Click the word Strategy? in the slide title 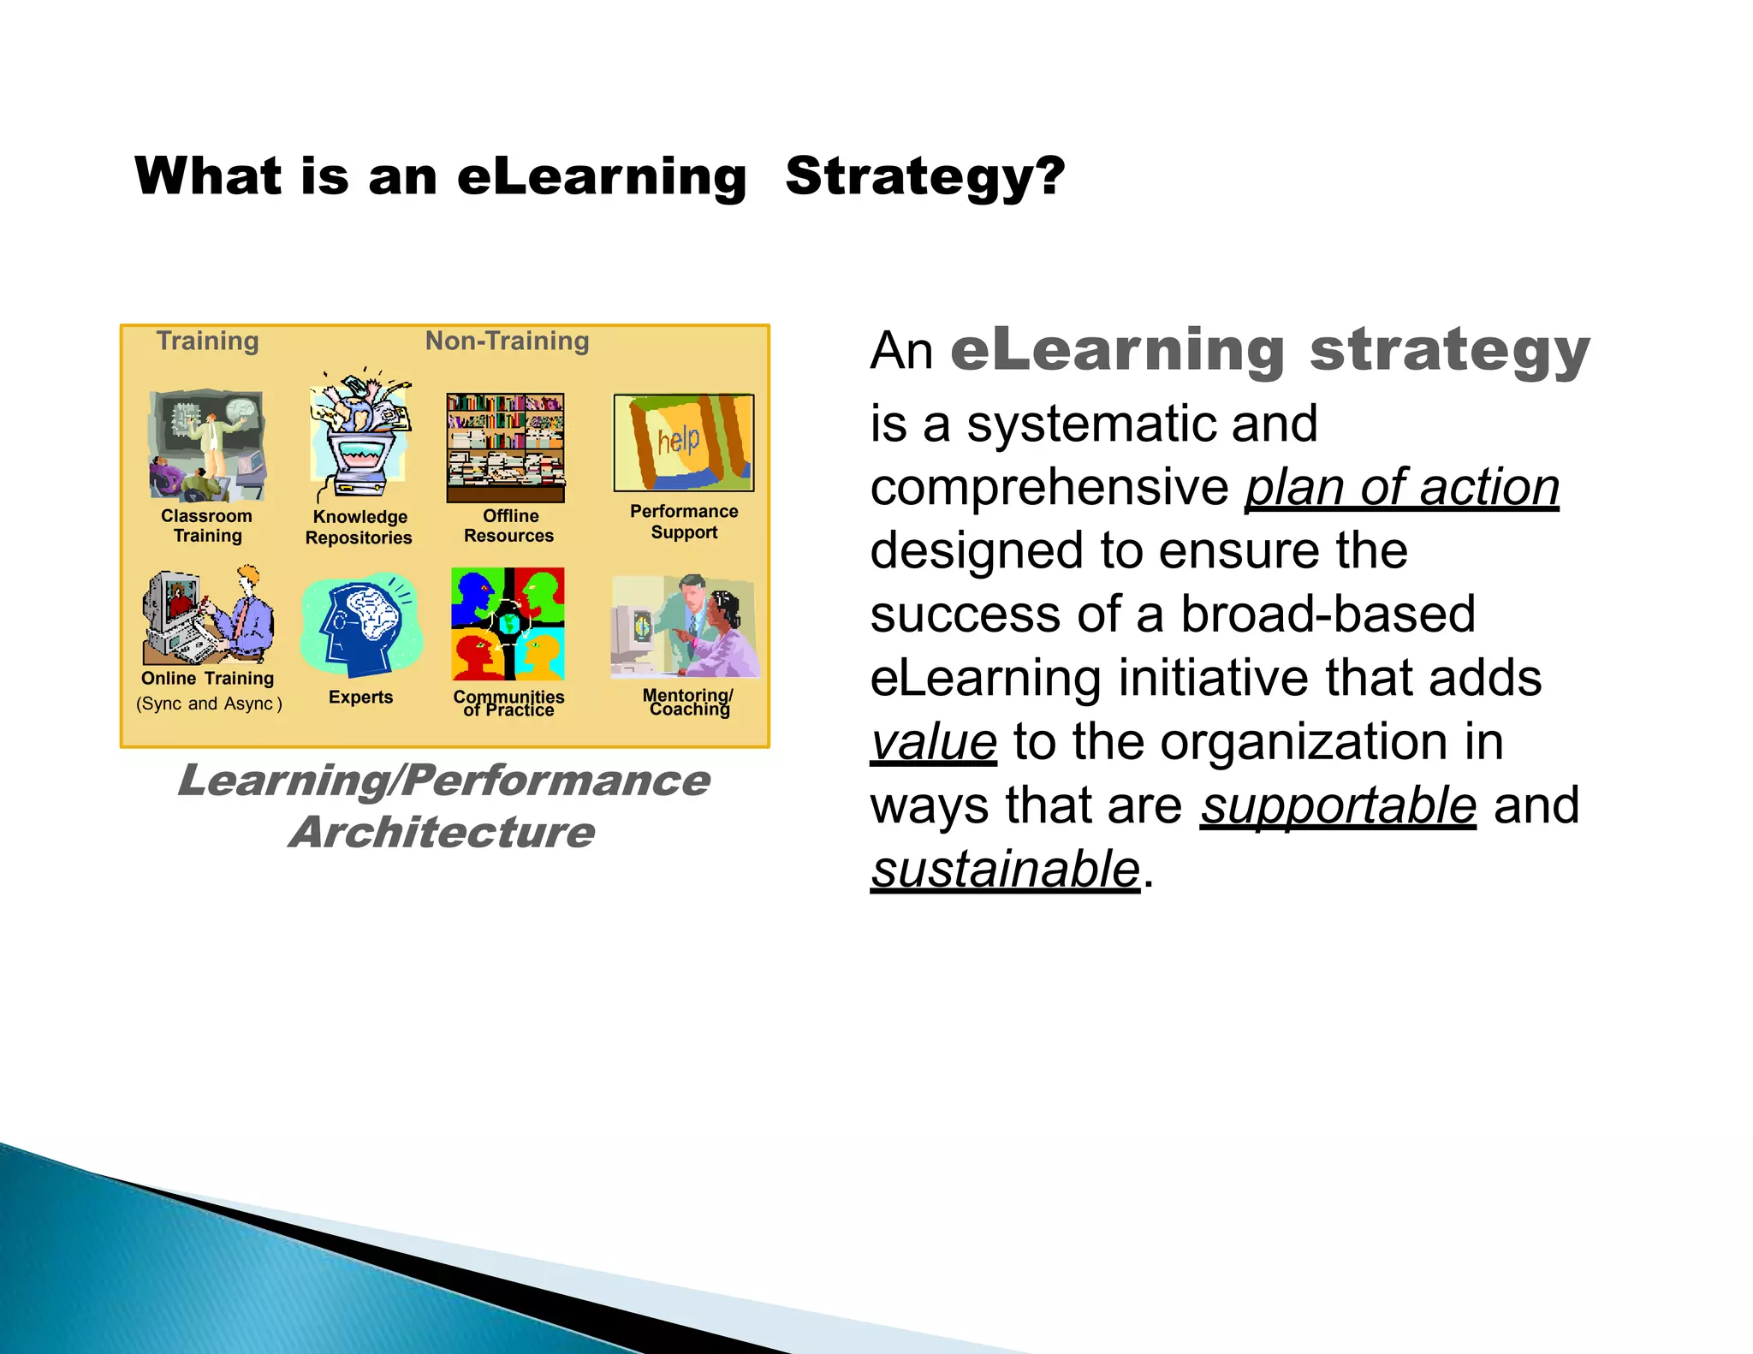tap(924, 177)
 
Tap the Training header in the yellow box tap(207, 341)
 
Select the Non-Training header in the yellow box tap(507, 341)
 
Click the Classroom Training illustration tap(206, 446)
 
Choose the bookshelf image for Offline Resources tap(506, 448)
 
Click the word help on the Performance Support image tap(678, 441)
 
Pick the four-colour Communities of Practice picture tap(508, 624)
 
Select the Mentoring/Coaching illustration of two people tap(685, 627)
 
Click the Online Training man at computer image tap(208, 615)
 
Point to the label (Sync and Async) tap(209, 704)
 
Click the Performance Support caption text tap(684, 521)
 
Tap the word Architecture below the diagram tap(442, 832)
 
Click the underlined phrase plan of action tap(1401, 488)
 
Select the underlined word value tap(933, 741)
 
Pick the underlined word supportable tap(1338, 805)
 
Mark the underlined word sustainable tap(1005, 870)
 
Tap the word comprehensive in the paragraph tap(1049, 488)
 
